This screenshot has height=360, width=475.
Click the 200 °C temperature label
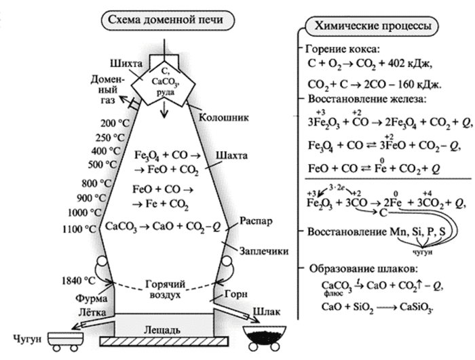pos(113,124)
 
